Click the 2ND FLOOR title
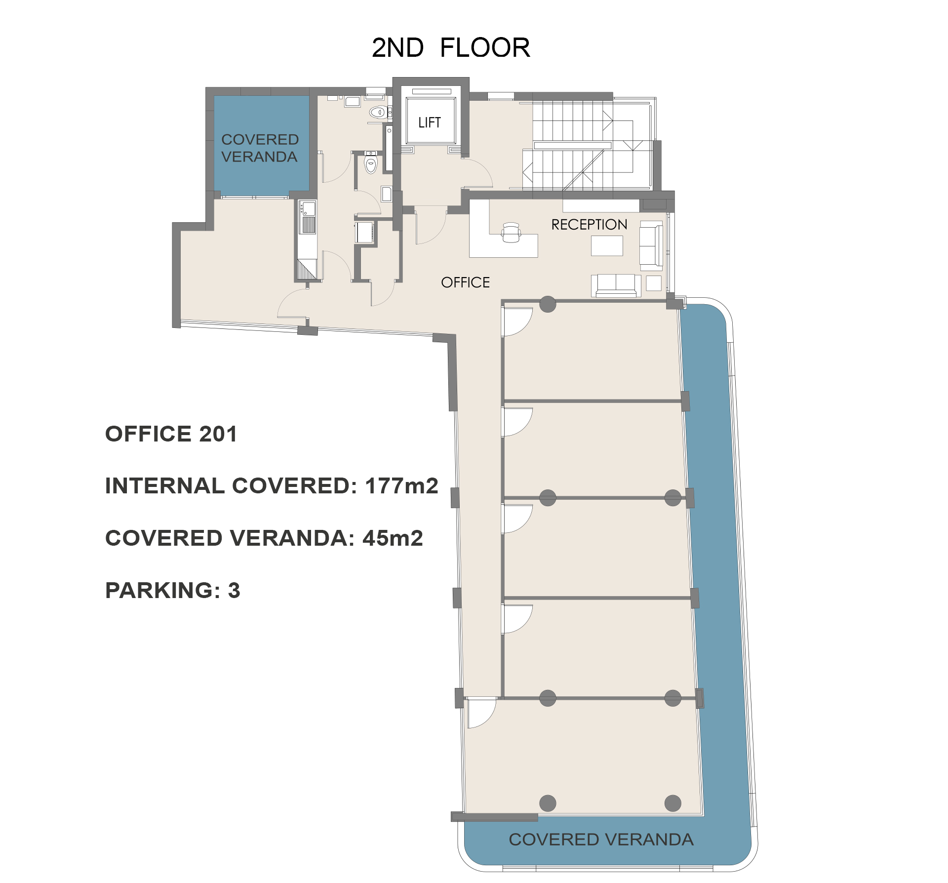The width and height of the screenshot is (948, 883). click(450, 48)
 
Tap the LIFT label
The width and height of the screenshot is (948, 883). click(429, 122)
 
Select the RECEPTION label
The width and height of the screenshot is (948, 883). click(589, 225)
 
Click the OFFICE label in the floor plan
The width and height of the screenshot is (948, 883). click(465, 282)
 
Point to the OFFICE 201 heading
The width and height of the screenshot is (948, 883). click(171, 434)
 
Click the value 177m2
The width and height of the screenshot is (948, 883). click(401, 486)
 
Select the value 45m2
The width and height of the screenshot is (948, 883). click(393, 538)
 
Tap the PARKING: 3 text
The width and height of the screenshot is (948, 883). click(172, 590)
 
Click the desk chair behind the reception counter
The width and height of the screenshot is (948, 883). click(511, 233)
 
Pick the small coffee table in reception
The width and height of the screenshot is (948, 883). click(607, 245)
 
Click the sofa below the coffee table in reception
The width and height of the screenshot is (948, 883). click(616, 285)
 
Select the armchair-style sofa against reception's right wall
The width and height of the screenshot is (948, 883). click(651, 245)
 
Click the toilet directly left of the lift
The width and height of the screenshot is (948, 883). click(378, 113)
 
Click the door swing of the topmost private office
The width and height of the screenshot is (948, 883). click(517, 321)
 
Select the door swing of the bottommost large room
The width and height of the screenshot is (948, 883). click(481, 712)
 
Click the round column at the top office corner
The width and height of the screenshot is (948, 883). click(548, 304)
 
